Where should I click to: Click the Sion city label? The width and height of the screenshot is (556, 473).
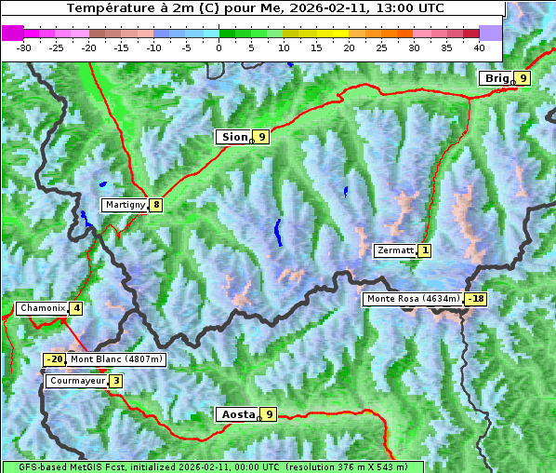233,137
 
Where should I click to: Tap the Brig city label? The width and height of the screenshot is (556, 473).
496,78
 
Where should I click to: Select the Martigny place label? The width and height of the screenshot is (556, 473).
125,205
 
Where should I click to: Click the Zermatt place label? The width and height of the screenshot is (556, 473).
394,250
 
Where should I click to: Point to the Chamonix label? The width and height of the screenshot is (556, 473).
42,308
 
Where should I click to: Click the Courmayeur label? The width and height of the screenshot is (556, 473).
75,381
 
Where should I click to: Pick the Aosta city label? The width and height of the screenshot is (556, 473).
236,414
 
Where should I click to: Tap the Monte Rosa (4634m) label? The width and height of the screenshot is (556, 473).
413,299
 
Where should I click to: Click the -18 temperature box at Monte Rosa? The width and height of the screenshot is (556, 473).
476,299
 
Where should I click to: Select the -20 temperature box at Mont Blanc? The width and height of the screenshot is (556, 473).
54,359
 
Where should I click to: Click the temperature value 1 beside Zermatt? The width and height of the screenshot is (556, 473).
425,250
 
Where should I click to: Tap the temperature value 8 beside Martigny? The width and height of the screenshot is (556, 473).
156,205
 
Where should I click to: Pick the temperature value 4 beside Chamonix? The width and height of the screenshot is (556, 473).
76,308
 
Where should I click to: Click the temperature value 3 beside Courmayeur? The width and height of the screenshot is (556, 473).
115,381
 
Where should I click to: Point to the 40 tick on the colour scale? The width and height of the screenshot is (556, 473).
479,47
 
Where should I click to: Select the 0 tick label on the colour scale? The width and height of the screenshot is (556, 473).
218,47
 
